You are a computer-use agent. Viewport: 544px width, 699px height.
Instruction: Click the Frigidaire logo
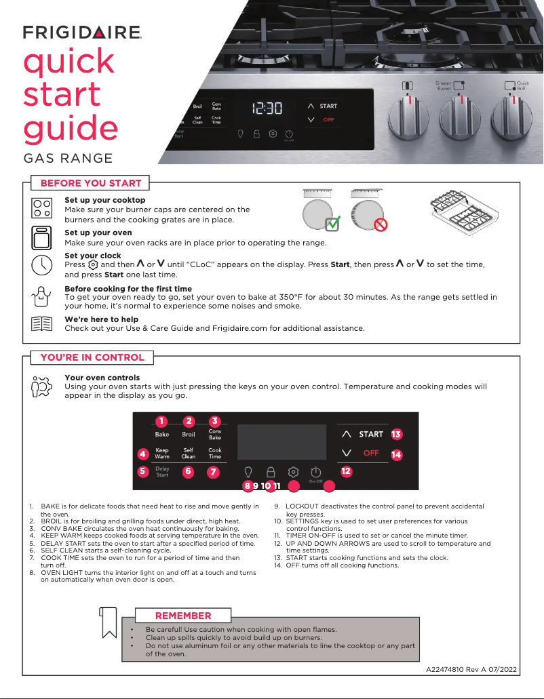point(82,32)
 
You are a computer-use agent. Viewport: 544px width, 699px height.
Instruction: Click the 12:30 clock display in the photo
point(267,108)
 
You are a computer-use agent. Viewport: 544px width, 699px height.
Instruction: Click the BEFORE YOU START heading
point(91,183)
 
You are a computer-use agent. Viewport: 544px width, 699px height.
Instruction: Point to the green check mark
point(332,224)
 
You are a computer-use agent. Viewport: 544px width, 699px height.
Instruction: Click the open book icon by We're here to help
point(42,323)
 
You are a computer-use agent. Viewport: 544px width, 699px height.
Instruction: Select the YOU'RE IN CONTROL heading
point(92,357)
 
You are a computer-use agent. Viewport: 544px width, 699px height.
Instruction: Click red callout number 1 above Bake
point(161,422)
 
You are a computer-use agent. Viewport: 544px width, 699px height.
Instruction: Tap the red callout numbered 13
point(396,434)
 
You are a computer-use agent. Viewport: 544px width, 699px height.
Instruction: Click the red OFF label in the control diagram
point(371,453)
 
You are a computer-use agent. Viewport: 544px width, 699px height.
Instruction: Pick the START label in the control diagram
point(371,434)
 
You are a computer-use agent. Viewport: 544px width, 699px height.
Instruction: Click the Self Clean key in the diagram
point(189,453)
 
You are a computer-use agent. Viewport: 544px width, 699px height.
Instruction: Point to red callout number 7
point(214,471)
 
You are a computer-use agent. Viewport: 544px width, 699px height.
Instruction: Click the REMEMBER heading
point(183,616)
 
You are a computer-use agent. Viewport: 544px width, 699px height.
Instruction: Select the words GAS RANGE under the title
point(68,159)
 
